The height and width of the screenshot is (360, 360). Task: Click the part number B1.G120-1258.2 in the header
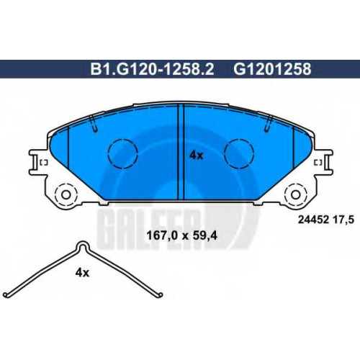152,69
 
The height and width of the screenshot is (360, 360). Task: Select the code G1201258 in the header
272,69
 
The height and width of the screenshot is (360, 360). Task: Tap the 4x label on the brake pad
196,156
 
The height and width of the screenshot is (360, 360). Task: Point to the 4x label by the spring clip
82,273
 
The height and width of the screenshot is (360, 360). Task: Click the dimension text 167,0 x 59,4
181,236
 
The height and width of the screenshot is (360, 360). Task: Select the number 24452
313,220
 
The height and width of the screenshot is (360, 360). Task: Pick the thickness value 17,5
343,220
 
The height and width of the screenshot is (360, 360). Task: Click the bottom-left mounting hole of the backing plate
66,194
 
